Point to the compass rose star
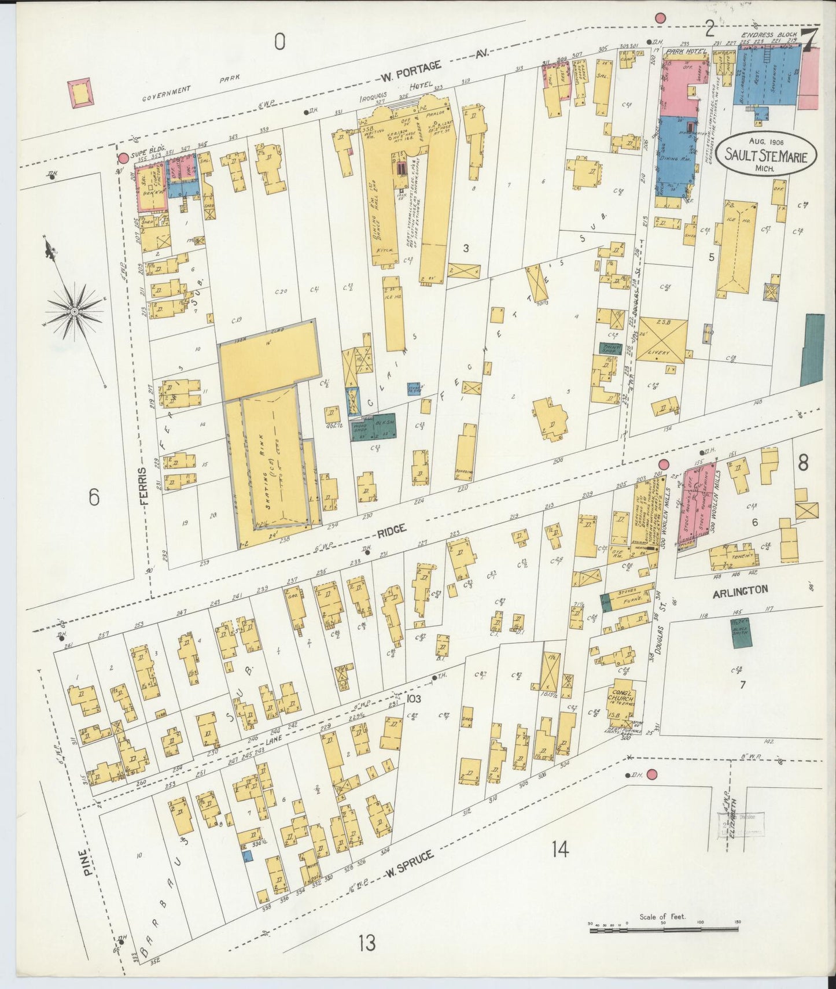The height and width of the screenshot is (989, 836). [74, 311]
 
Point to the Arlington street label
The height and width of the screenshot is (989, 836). [740, 590]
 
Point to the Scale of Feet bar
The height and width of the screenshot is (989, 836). [663, 929]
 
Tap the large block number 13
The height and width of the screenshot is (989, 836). [366, 943]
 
